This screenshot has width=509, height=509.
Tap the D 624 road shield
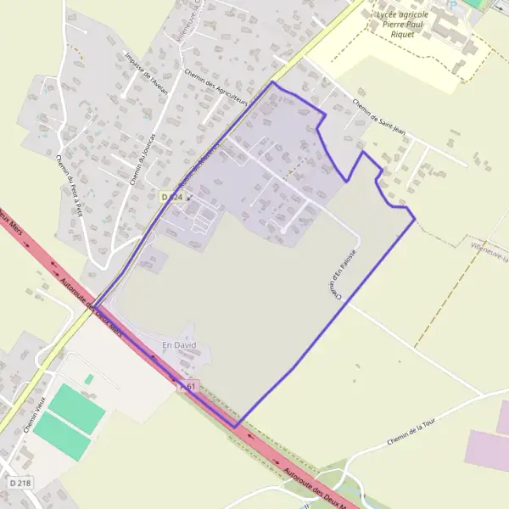[x=171, y=197]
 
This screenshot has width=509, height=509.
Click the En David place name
[x=178, y=345]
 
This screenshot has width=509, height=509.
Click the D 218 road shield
[x=21, y=482]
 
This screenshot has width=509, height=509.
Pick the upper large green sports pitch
[x=76, y=409]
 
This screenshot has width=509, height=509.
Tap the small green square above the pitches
[x=89, y=378]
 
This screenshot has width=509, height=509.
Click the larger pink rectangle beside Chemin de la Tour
[x=487, y=449]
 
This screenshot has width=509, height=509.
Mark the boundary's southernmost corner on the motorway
[x=236, y=426]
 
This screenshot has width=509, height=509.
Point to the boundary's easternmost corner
[x=415, y=220]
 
